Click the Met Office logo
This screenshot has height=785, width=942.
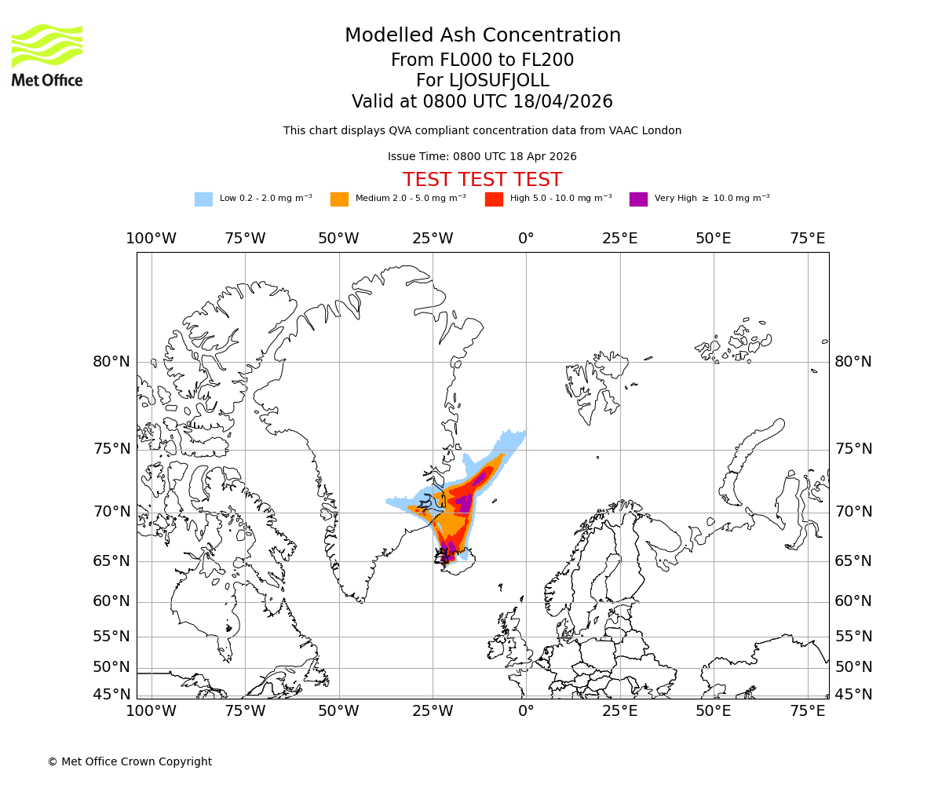pos(47,55)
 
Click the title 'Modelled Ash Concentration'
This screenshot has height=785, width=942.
pos(482,36)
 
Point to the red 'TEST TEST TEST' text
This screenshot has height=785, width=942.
pos(482,180)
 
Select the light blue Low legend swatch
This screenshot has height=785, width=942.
pos(203,199)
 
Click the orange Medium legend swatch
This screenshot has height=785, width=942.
pos(339,199)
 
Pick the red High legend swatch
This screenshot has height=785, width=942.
pos(494,199)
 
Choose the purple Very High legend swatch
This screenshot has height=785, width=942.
pos(638,199)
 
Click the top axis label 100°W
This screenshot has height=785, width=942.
pos(151,239)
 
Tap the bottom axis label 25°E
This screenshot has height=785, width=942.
pos(619,711)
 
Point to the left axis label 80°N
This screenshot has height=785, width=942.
pos(111,362)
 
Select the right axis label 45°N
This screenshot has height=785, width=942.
pos(853,695)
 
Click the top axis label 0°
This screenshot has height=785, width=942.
pos(526,239)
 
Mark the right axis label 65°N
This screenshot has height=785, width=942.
pos(853,561)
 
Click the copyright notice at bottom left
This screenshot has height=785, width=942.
pos(130,761)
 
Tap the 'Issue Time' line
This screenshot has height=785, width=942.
pos(482,157)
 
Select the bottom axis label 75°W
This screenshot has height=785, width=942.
pos(245,711)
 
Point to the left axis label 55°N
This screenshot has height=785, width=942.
pos(111,637)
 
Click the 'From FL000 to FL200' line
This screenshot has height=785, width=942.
pos(482,60)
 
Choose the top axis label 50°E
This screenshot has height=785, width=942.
pos(714,239)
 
